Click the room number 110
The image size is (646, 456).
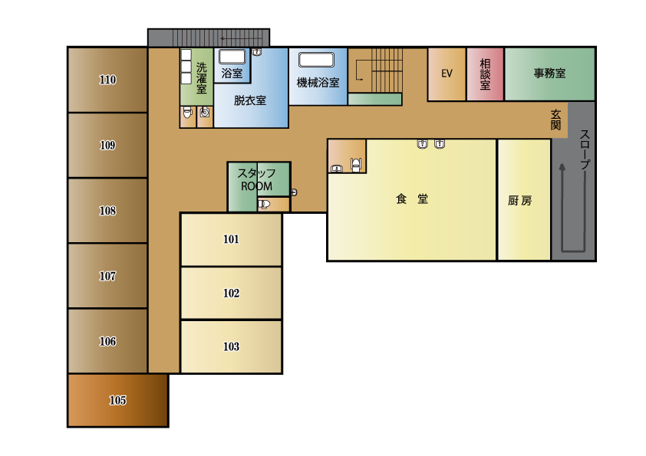pos(107,80)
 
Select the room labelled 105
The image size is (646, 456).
pos(118,400)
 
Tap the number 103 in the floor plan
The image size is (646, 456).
pos(231,346)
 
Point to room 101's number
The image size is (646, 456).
pos(231,239)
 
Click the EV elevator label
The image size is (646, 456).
pos(447,74)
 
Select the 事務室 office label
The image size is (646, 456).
pos(549,74)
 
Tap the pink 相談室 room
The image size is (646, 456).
pos(485,74)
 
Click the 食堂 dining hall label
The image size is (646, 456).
pos(412,199)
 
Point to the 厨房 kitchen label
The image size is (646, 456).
pos(520,201)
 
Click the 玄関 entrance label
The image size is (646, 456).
pos(555,120)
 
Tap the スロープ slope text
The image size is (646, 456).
pos(585,149)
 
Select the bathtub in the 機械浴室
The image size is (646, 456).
pos(316,60)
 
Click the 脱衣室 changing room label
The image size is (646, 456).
pos(250,100)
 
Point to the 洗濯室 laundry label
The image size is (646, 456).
pos(201,77)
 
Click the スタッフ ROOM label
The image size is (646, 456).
pos(257,180)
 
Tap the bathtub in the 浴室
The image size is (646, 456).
pos(232,57)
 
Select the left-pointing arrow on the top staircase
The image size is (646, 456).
pos(242,38)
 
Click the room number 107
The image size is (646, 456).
pos(107,276)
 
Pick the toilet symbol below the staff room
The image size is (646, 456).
pos(264,204)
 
